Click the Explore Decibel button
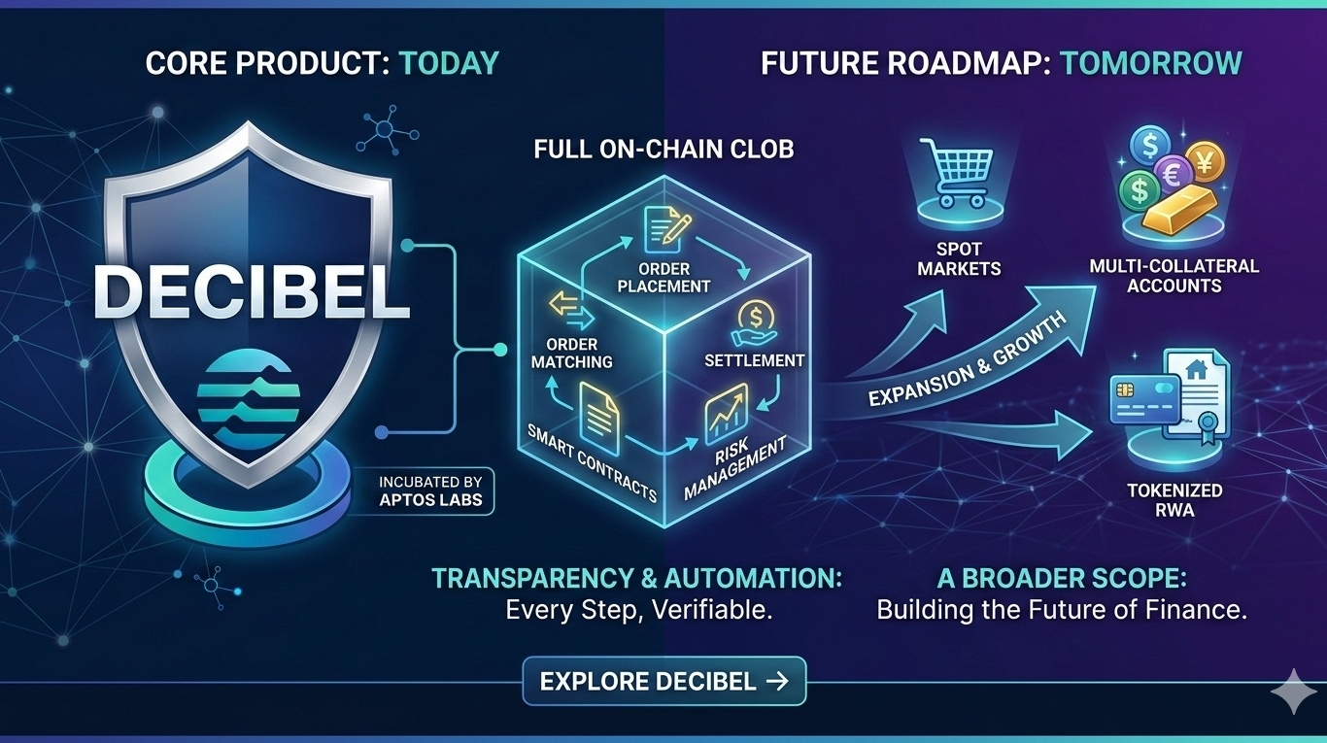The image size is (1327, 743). pyautogui.click(x=664, y=681)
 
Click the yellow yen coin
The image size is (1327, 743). pyautogui.click(x=1206, y=157)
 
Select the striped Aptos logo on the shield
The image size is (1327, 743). pyautogui.click(x=249, y=397)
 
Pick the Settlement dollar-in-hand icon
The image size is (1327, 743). pyautogui.click(x=753, y=321)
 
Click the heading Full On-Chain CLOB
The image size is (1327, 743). pyautogui.click(x=663, y=149)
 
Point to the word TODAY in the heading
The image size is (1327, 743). pyautogui.click(x=449, y=64)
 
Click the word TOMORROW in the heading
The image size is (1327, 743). pyautogui.click(x=1150, y=64)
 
